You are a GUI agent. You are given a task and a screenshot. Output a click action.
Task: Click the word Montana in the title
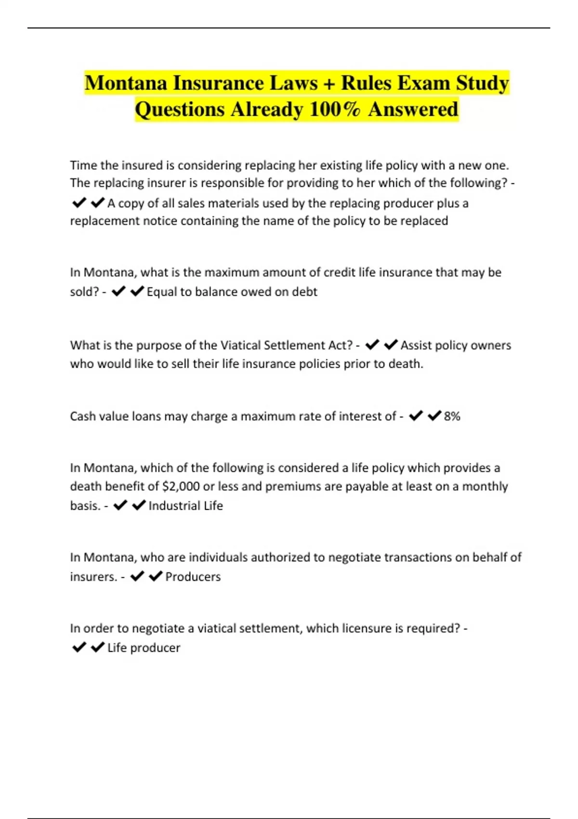126,83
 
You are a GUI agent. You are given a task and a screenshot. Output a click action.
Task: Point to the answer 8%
452,416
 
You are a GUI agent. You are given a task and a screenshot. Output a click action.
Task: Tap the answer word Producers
193,577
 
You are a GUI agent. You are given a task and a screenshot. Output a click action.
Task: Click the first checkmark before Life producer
79,647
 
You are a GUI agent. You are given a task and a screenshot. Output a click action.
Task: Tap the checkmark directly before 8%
434,416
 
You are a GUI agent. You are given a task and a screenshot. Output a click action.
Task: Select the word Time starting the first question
83,165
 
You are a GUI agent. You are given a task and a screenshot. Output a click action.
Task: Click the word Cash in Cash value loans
82,416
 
